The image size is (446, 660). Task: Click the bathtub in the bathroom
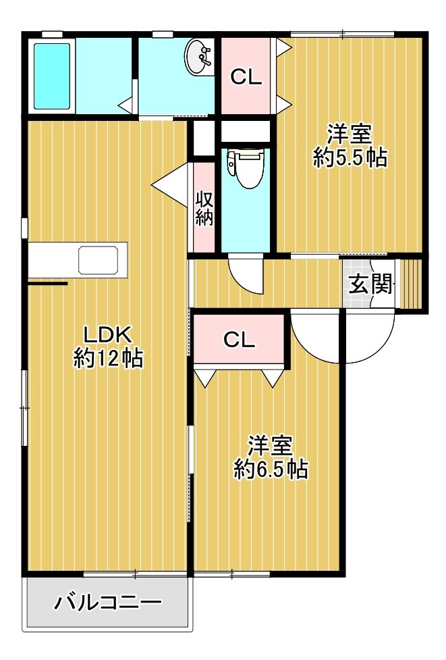[52, 76]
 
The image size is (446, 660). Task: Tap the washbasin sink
[199, 57]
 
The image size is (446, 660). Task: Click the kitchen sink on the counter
[99, 261]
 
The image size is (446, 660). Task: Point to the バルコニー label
[108, 603]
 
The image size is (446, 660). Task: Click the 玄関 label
[370, 284]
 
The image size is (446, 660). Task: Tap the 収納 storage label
[204, 209]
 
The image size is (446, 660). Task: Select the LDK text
[108, 335]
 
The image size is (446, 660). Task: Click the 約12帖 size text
[109, 358]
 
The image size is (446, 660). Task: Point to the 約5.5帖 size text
[350, 157]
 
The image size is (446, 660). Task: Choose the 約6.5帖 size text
[271, 469]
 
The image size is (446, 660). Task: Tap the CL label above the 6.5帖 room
[239, 340]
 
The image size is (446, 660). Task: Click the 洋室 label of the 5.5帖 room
[350, 134]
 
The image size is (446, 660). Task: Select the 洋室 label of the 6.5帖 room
[271, 446]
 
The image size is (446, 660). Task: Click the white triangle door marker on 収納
[169, 184]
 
